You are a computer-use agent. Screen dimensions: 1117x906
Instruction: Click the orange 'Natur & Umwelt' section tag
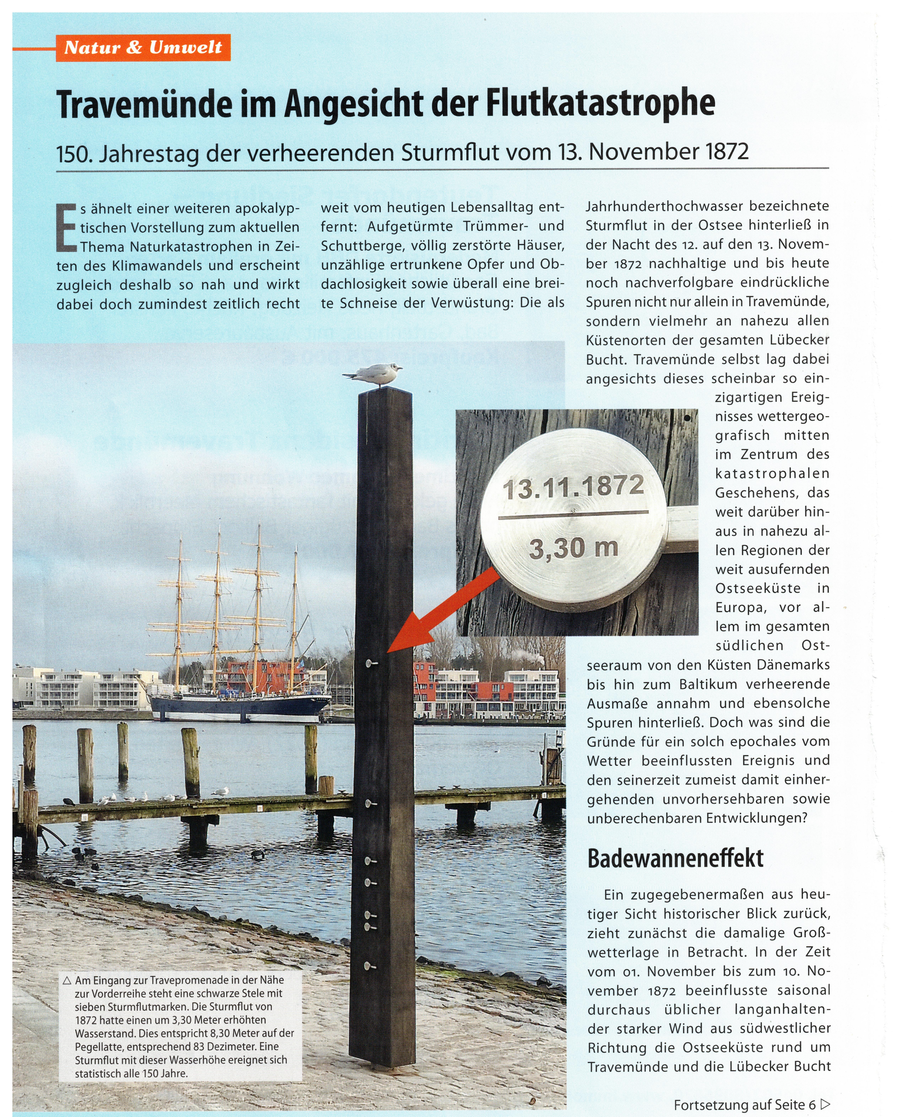pos(143,48)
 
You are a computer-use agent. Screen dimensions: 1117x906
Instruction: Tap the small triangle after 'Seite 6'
pos(825,1104)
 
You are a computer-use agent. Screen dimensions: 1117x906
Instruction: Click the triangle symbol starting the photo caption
pos(67,980)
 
